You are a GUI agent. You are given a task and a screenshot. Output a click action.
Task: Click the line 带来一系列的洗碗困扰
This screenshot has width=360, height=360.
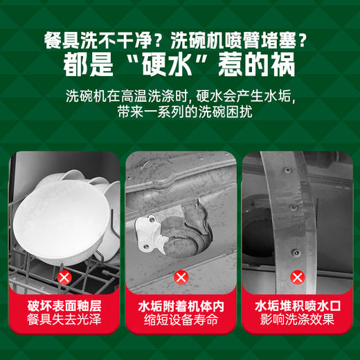point(180,111)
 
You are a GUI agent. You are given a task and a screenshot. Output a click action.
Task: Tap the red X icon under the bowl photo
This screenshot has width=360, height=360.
point(64,278)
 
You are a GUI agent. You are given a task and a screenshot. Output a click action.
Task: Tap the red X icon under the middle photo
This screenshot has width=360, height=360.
point(181,278)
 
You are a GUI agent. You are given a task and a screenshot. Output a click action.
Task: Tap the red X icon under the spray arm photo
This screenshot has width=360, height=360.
point(296,278)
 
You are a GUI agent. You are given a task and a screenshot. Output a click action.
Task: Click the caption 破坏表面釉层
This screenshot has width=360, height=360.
point(64,305)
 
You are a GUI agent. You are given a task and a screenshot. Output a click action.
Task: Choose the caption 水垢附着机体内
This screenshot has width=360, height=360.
point(181,305)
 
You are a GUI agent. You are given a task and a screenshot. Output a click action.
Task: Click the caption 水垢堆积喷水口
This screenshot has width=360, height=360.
point(296,305)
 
